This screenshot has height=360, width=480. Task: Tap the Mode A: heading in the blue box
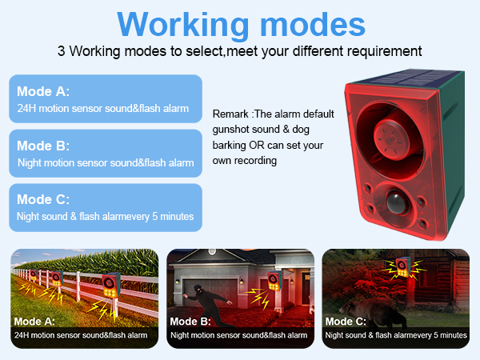click(x=43, y=91)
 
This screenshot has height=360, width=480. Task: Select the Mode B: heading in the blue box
click(x=43, y=146)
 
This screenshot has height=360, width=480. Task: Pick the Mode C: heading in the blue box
click(x=43, y=199)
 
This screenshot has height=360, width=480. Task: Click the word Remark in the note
click(x=231, y=113)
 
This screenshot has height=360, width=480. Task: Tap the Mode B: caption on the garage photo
click(x=190, y=322)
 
